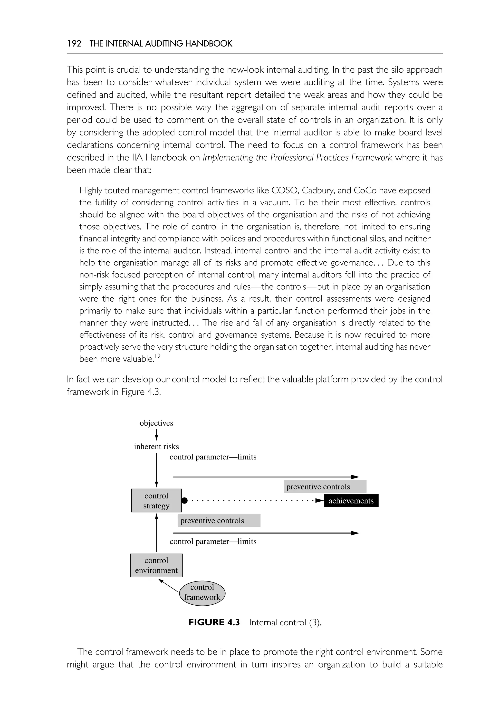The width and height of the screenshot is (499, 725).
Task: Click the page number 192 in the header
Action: [74, 44]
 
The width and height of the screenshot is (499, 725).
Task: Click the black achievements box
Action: [351, 501]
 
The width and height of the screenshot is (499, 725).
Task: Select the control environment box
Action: [156, 565]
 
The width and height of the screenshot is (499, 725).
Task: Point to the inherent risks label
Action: [156, 447]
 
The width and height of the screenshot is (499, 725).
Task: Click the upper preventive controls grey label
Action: [325, 487]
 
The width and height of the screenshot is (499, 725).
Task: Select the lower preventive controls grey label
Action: [219, 521]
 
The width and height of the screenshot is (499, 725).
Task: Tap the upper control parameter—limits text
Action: [213, 457]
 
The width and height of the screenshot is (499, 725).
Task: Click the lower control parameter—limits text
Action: [213, 542]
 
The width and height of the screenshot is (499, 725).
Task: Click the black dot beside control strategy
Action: [184, 501]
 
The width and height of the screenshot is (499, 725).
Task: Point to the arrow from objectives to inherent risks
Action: [156, 435]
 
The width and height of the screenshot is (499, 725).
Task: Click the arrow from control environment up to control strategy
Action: [156, 533]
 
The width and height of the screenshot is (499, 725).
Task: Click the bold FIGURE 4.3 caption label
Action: [214, 622]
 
